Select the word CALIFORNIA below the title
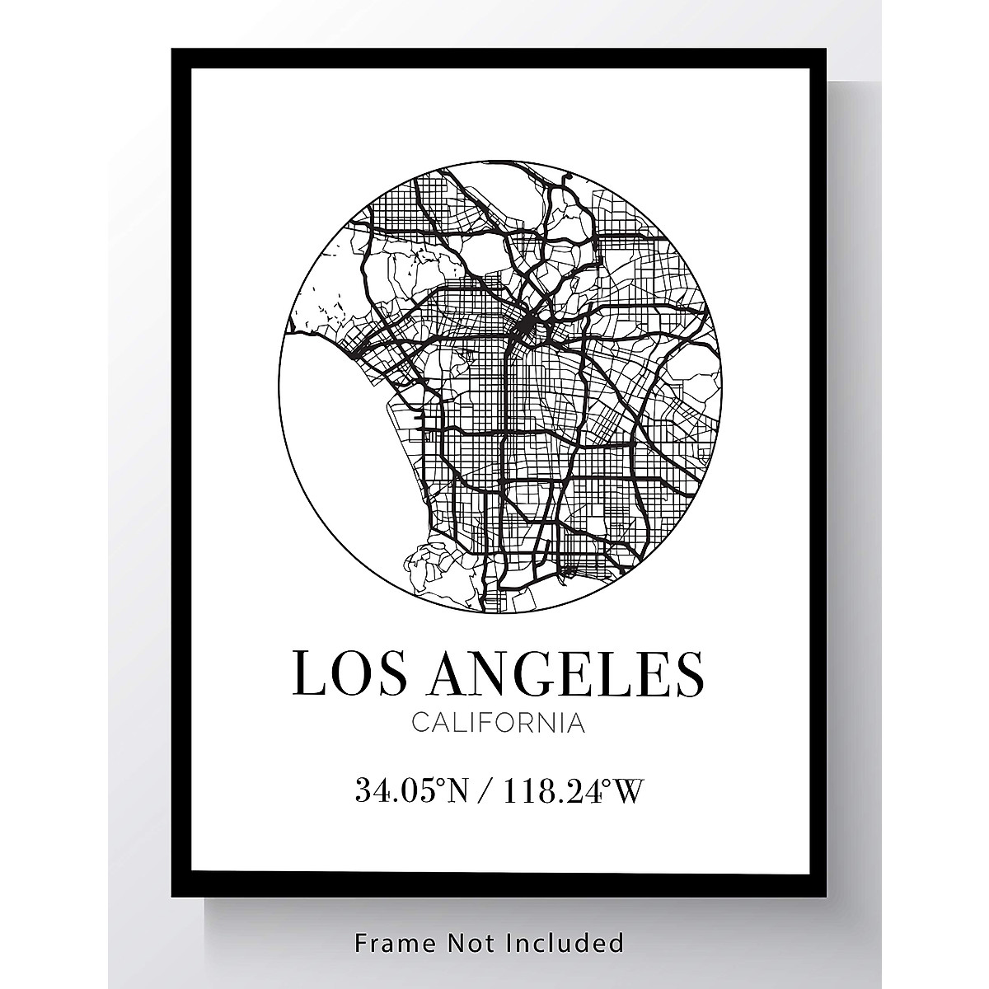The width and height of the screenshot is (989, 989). (498, 724)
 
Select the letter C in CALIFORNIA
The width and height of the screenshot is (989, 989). (418, 724)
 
